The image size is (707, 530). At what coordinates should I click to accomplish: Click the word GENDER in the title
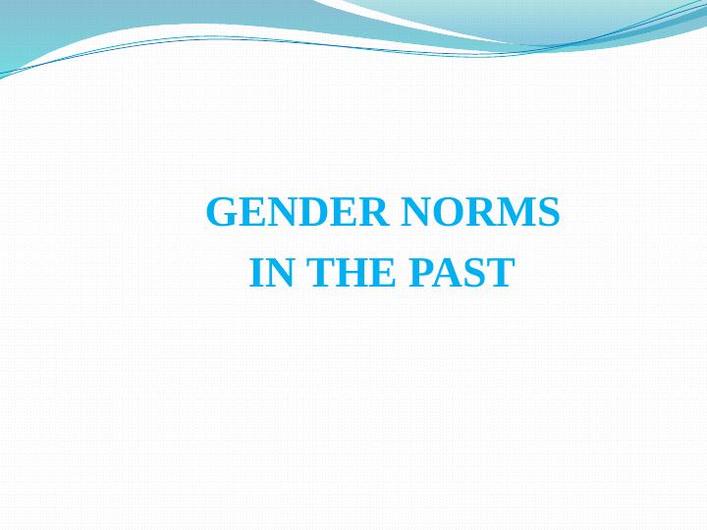click(295, 213)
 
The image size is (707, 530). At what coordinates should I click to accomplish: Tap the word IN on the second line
click(272, 273)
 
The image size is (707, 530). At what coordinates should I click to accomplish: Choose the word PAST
click(461, 273)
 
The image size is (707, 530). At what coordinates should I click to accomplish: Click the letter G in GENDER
click(221, 213)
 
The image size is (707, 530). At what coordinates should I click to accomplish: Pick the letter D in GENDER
click(307, 213)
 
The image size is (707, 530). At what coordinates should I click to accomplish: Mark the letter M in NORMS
click(516, 213)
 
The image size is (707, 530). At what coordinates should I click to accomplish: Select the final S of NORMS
click(550, 213)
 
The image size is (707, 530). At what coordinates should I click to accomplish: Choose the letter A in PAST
click(448, 273)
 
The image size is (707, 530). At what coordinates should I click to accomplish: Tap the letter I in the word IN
click(257, 273)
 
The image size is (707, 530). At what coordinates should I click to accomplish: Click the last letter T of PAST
click(500, 273)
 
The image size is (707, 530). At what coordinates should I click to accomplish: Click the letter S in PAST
click(475, 273)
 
